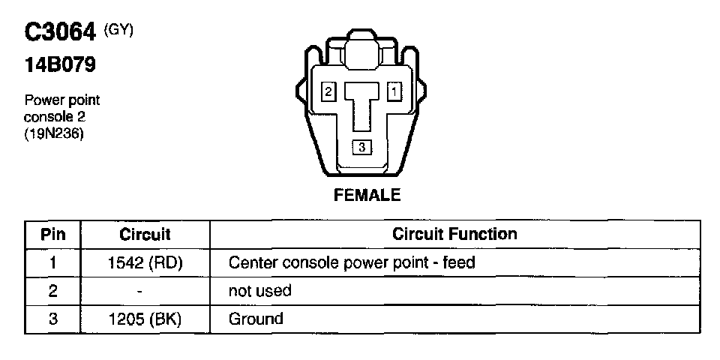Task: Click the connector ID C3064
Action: point(61,33)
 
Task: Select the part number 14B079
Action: point(61,65)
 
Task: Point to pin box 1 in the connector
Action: point(394,91)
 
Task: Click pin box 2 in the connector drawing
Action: point(328,91)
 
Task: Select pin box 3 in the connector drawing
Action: point(361,148)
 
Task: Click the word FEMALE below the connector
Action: point(367,196)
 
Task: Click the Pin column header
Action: point(52,235)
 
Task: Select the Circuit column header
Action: point(145,235)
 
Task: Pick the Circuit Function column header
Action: point(454,234)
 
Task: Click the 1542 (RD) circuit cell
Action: point(145,262)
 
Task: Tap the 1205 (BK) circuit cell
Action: point(145,319)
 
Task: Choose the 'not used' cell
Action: point(259,290)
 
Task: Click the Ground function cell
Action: point(256,319)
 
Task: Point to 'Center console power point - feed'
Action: point(352,262)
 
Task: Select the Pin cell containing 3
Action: point(52,319)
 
